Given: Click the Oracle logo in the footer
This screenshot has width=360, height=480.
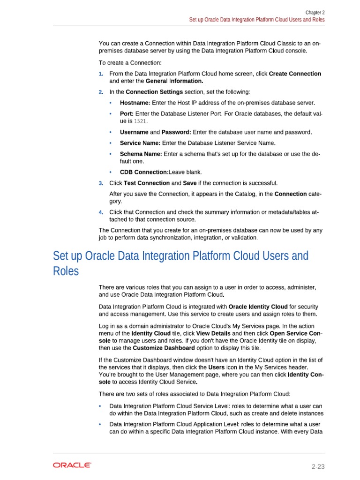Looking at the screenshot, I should (72, 465).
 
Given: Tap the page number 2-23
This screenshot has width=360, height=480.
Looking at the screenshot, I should (318, 466).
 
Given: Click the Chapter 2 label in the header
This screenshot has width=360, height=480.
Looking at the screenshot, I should (315, 13).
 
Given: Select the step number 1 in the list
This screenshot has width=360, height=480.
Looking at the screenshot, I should (101, 74).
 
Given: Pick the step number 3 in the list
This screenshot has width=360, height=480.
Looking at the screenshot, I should (101, 183).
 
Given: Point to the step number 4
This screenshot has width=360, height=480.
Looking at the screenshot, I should (101, 212).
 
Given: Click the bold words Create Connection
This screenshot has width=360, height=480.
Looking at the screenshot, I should (295, 74).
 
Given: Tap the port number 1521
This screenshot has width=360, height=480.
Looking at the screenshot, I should (141, 121).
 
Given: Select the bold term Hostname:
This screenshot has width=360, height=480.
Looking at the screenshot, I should (135, 103).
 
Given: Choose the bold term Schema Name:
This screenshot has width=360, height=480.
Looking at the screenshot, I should (141, 154).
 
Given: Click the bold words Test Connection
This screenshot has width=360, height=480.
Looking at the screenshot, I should (147, 183).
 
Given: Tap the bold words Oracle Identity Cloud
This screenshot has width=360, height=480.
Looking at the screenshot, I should (261, 307).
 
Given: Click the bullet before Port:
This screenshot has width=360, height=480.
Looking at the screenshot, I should (111, 114).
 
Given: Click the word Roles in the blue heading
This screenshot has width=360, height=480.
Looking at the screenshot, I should (66, 271).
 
